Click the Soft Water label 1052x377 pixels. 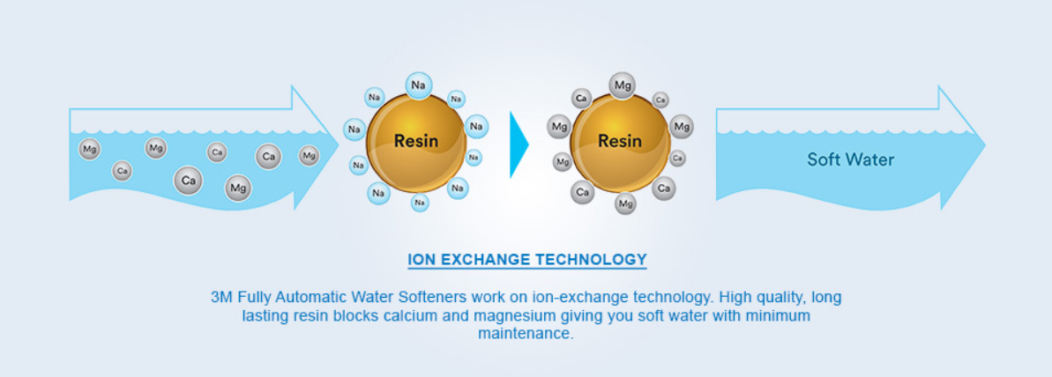(850, 159)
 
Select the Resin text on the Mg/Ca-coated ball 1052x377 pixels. (620, 140)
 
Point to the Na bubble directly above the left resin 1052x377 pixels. (419, 85)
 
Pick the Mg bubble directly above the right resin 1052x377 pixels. (623, 85)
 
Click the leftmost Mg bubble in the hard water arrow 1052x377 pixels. (89, 149)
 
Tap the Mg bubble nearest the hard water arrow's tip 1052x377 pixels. (309, 156)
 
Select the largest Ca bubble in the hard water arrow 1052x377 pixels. (187, 181)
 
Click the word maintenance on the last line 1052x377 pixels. (526, 335)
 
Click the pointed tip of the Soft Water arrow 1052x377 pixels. (983, 146)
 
